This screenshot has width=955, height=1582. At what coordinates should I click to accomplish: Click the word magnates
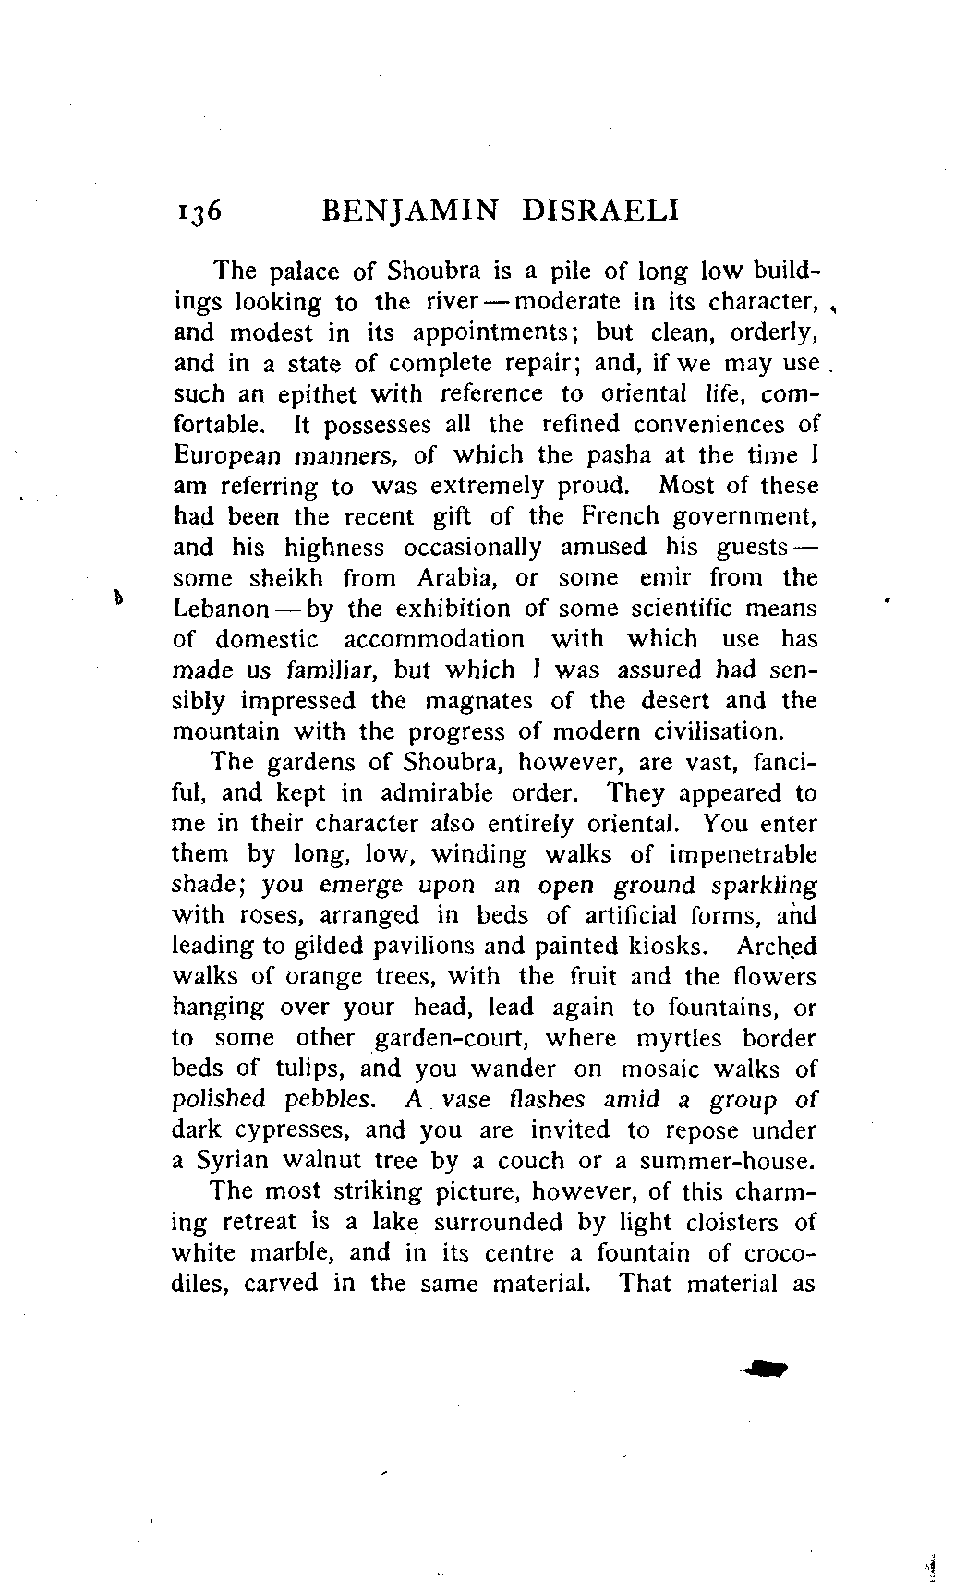pos(480,701)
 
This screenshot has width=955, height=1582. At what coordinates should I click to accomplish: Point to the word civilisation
pos(706,731)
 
